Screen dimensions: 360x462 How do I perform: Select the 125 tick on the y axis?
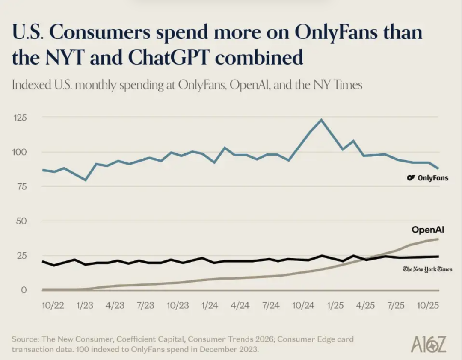tap(21, 117)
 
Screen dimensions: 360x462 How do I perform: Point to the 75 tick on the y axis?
tap(21, 186)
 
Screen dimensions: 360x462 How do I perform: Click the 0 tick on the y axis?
tap(24, 290)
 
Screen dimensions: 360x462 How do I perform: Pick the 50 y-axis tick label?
tap(21, 221)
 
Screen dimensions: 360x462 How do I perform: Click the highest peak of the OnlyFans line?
tap(321, 119)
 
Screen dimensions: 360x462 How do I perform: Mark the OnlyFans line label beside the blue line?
tap(428, 178)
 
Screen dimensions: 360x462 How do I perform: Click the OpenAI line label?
tap(428, 230)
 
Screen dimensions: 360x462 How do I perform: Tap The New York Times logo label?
tap(427, 269)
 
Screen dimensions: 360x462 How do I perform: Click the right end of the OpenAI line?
tap(438, 239)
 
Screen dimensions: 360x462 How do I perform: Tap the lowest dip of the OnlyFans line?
tap(86, 180)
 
